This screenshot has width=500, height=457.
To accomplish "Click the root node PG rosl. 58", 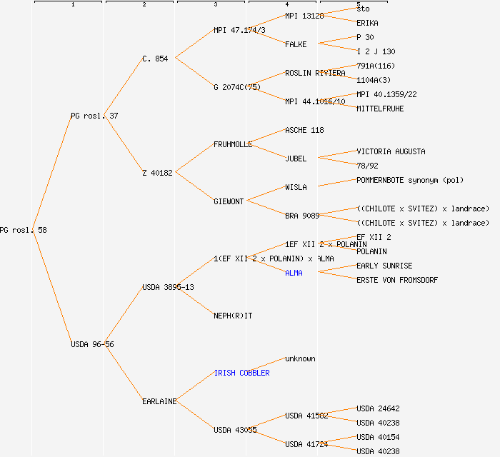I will tap(24, 230).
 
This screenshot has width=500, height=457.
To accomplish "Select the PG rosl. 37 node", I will tap(94, 116).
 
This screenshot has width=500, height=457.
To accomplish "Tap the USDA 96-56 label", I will tap(92, 344).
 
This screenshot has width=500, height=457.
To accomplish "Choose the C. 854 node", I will tap(155, 59).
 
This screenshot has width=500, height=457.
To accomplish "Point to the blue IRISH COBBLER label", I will tap(241, 373).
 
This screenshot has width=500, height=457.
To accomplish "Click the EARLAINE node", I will tap(159, 401).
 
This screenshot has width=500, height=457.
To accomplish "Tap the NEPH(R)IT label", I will tap(233, 316).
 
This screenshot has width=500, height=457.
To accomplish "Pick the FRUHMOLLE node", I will tap(233, 144).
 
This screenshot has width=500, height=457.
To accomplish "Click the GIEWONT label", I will tap(229, 201).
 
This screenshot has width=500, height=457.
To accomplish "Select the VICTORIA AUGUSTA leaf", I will tap(391, 151).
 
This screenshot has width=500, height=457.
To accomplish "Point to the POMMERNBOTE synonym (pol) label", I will tap(410, 180).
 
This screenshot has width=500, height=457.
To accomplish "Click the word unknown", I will tap(300, 358).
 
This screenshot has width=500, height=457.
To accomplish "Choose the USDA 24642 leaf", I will tap(378, 408).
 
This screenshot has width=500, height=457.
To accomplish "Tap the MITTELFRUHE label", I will tap(380, 109).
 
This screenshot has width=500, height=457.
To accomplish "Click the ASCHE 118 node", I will tap(304, 130).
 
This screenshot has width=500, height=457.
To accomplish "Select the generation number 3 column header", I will tap(214, 5).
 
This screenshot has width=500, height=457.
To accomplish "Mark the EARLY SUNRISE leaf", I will tap(384, 266).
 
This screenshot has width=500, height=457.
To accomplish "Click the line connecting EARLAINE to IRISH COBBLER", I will tap(194, 388).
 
